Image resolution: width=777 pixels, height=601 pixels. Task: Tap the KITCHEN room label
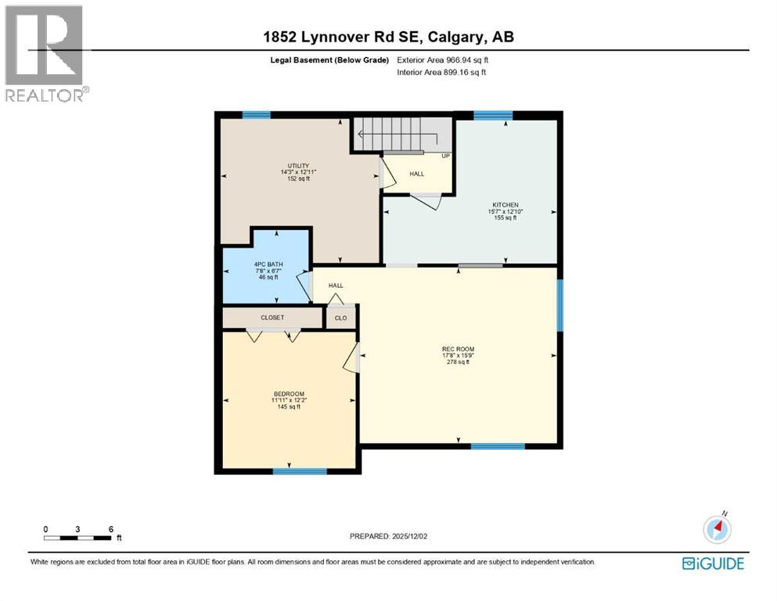pos(505,205)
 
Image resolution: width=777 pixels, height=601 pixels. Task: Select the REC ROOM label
pos(458,349)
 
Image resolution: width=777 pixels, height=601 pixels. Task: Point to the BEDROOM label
pos(288,394)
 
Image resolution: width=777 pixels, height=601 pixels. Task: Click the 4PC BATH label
pos(267,265)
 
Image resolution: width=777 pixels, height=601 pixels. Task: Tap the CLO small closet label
pos(340,318)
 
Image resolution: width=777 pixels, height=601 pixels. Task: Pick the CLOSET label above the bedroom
pos(272,318)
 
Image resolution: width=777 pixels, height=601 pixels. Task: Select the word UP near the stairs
pos(446,155)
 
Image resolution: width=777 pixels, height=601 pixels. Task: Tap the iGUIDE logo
pos(713,563)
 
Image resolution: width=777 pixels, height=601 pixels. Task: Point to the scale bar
pos(77,537)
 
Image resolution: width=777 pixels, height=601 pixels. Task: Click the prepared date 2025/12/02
pos(389,536)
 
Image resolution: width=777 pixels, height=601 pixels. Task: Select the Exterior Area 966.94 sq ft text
pos(444,59)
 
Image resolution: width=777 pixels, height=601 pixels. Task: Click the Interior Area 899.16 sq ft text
pos(442,72)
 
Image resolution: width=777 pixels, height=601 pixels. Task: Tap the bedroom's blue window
pos(299,471)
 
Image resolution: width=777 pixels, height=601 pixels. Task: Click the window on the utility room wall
pos(256,115)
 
